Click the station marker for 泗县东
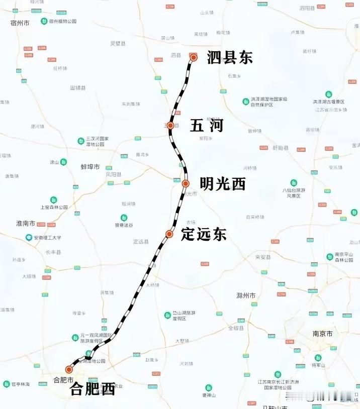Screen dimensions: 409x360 194,57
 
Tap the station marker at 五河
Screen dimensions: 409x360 170,125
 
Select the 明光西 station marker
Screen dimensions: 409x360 186,183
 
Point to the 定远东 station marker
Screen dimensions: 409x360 170,234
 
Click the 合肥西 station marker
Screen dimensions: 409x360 69,370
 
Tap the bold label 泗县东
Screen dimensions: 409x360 229,58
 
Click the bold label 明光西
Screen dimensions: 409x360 222,184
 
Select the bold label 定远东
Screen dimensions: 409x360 204,234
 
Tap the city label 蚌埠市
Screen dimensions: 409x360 91,167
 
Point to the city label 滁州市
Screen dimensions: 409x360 246,295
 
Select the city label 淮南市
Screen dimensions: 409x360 26,223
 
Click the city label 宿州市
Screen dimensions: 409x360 20,23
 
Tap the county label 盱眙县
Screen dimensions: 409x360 280,148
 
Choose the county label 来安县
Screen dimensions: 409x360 262,257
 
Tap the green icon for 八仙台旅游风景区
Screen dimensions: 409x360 294,183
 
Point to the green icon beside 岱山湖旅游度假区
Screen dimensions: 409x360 168,315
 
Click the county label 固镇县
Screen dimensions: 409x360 78,87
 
